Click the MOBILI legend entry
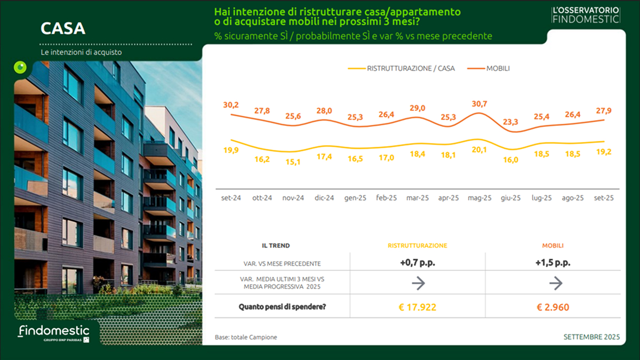click(x=498, y=68)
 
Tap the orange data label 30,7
click(x=479, y=103)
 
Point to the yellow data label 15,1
click(x=293, y=162)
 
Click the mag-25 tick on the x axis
click(x=479, y=198)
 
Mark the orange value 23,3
click(x=510, y=122)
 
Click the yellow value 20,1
click(x=479, y=150)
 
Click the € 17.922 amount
click(x=418, y=307)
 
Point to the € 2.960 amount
click(x=553, y=307)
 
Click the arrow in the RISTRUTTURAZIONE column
click(x=418, y=283)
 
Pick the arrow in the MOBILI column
click(x=556, y=283)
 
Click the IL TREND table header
click(x=276, y=246)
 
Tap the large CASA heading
click(x=63, y=28)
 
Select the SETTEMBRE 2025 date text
click(x=591, y=337)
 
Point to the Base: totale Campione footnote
click(x=246, y=338)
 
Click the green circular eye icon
click(x=20, y=67)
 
